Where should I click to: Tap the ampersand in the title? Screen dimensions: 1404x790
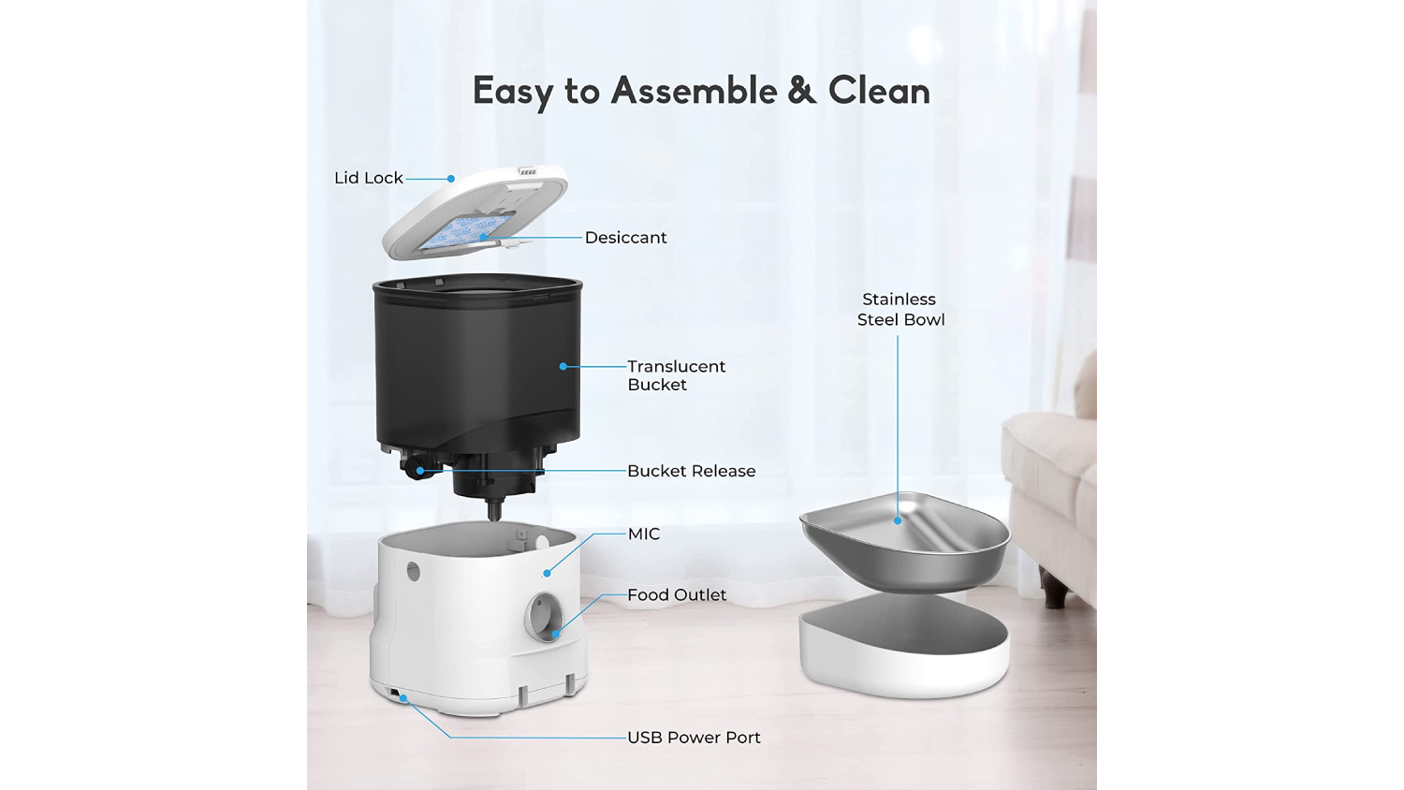pyautogui.click(x=802, y=91)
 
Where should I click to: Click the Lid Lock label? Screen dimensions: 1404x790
pyautogui.click(x=369, y=178)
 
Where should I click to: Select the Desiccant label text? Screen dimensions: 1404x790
pyautogui.click(x=625, y=238)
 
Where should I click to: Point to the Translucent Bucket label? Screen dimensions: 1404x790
pyautogui.click(x=677, y=375)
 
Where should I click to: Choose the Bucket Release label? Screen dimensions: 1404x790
pyautogui.click(x=692, y=471)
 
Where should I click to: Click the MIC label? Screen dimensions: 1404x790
pyautogui.click(x=644, y=534)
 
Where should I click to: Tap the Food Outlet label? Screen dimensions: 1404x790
pyautogui.click(x=677, y=594)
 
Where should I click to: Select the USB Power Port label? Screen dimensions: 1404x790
pyautogui.click(x=694, y=738)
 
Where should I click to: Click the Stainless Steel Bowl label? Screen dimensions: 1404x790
pyautogui.click(x=900, y=309)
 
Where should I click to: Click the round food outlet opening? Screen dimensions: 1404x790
pyautogui.click(x=544, y=617)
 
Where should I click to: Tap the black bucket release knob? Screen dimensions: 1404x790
pyautogui.click(x=414, y=468)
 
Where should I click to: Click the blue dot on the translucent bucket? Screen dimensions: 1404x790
pyautogui.click(x=563, y=366)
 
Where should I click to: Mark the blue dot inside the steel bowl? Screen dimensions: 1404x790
pyautogui.click(x=898, y=520)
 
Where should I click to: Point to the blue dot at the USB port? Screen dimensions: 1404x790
pyautogui.click(x=403, y=697)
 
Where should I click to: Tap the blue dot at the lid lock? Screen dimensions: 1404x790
pyautogui.click(x=450, y=179)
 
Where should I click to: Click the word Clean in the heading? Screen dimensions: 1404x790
pyautogui.click(x=879, y=90)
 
